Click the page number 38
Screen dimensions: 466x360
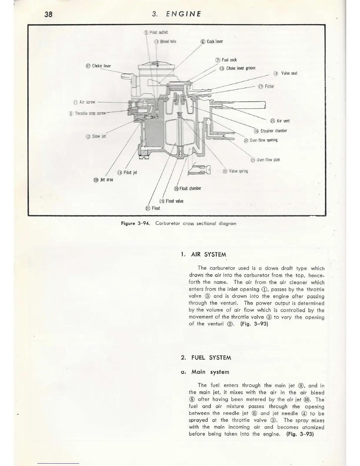click(48, 14)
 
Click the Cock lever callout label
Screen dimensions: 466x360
click(212, 41)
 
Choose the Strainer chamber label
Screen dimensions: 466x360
click(270, 131)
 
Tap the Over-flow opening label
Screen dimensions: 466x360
click(261, 140)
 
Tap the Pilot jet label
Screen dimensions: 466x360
click(127, 172)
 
